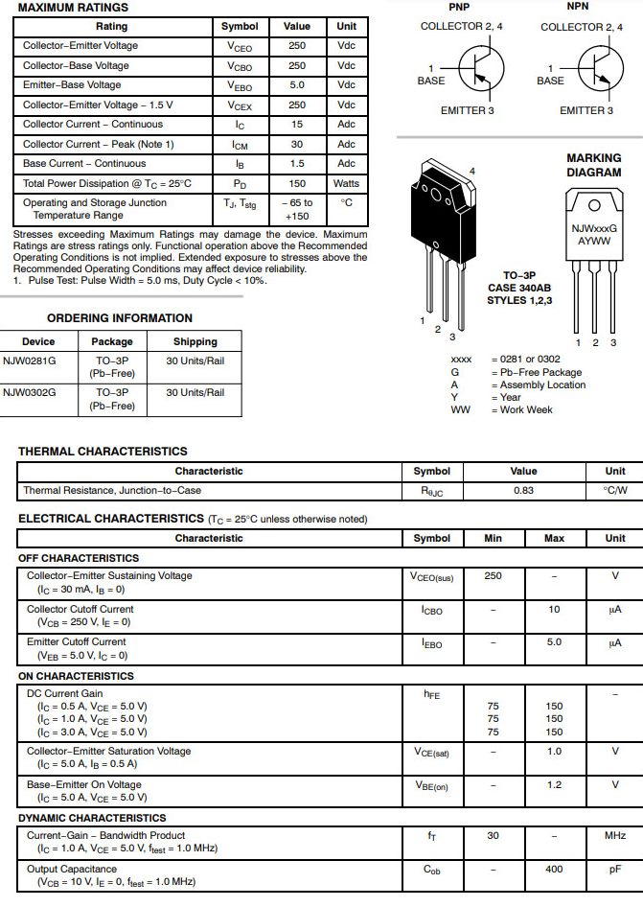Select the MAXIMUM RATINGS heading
coord(73,8)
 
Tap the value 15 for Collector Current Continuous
coord(297,125)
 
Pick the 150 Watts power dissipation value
coord(297,183)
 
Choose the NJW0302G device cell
coord(28,393)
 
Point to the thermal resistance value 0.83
coord(523,491)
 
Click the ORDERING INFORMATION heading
coord(120,318)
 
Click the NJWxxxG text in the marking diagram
coord(594,229)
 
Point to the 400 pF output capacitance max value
coord(554,870)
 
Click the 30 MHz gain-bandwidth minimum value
coord(493,836)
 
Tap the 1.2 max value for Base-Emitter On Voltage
coord(554,785)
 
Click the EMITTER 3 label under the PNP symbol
coord(468,111)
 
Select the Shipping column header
coord(195,341)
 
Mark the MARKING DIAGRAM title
coord(593,165)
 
